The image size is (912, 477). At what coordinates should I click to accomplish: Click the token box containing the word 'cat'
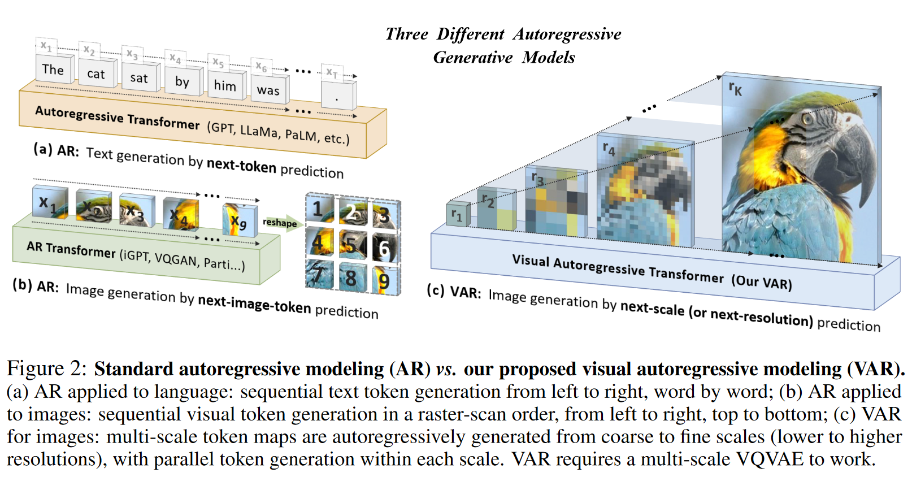pos(96,73)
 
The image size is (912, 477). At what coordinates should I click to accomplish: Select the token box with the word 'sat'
pos(139,78)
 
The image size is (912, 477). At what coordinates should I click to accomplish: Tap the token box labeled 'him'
pos(225,85)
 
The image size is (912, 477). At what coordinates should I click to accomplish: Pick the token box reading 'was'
pos(268,90)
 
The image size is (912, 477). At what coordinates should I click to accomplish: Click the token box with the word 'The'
pos(53,70)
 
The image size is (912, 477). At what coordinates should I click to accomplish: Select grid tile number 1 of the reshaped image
pos(319,210)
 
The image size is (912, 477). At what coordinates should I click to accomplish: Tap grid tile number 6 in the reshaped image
pos(384,248)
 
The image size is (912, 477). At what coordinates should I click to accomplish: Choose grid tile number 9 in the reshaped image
pos(384,280)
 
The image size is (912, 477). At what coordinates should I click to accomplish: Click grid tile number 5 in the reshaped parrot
pos(351,245)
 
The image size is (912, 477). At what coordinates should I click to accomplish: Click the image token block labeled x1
pos(49,203)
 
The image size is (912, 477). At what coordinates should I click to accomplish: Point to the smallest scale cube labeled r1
pos(457,214)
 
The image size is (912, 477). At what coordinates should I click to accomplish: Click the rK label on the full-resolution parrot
pos(735,88)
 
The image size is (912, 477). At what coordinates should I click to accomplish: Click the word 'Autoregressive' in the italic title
pos(567,34)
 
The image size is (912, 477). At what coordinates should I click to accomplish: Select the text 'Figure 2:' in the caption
pos(46,368)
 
